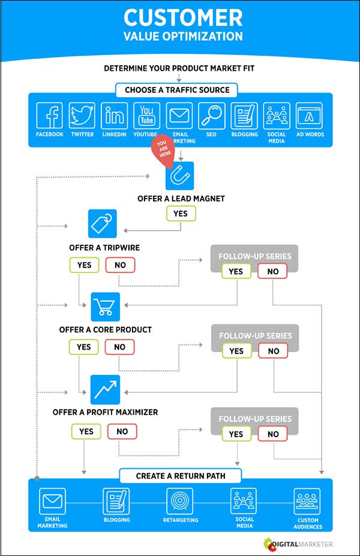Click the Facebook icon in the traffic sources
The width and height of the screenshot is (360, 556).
point(49,116)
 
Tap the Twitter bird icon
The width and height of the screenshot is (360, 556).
point(82,116)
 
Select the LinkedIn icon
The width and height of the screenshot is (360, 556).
point(114,116)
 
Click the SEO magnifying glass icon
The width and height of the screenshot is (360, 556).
point(211,116)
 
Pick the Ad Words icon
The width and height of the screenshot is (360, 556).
point(309,116)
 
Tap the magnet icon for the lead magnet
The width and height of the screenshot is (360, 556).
point(180,176)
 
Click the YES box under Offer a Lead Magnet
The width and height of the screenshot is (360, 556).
point(180,214)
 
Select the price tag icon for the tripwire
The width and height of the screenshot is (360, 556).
point(102,224)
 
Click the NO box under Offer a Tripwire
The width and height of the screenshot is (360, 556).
point(120,265)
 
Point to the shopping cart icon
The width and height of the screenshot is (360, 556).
point(105,306)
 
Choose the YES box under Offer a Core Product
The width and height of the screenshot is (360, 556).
point(84,347)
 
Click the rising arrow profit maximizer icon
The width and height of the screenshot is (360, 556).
point(105,389)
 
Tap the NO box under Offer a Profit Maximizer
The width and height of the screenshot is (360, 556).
point(122,431)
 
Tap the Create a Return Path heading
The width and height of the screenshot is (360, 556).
point(180,476)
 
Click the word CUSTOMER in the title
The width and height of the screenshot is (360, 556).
point(182,16)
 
